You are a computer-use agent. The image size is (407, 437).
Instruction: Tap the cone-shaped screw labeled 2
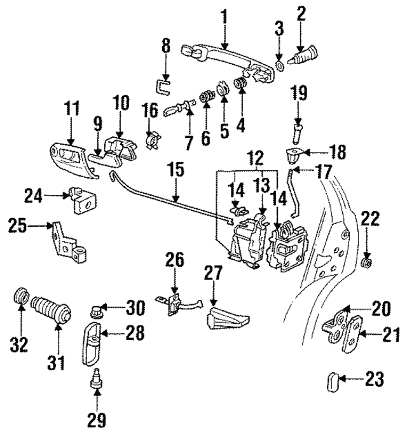(x=301, y=53)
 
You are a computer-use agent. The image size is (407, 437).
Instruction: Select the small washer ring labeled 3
(x=279, y=65)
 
